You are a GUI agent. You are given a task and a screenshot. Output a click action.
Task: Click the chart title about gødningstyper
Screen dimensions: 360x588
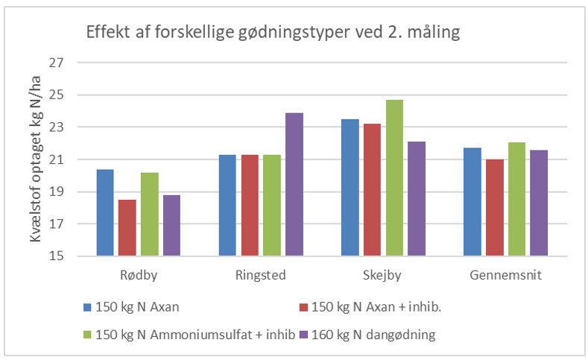pos(273,34)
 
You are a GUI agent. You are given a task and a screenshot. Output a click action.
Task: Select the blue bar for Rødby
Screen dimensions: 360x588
pos(105,213)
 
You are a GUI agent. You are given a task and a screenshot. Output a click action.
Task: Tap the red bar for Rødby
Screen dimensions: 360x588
pos(127,228)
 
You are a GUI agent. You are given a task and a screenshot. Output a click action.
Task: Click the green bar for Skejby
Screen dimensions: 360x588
pos(395,178)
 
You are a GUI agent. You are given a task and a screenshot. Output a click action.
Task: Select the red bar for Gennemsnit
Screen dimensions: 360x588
pos(495,208)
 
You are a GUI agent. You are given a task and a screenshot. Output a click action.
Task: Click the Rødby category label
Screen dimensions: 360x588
pos(138,276)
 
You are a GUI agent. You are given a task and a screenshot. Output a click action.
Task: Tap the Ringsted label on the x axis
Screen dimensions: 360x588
pos(261,276)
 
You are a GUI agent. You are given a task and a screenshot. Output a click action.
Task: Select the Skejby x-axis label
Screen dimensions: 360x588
pos(383,276)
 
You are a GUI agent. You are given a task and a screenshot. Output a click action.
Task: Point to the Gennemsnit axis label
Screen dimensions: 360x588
pos(506,276)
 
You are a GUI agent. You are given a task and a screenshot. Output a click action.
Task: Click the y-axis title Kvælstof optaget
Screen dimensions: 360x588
pos(35,159)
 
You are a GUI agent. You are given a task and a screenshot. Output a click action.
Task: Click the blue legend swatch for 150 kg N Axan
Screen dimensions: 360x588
pos(87,306)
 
